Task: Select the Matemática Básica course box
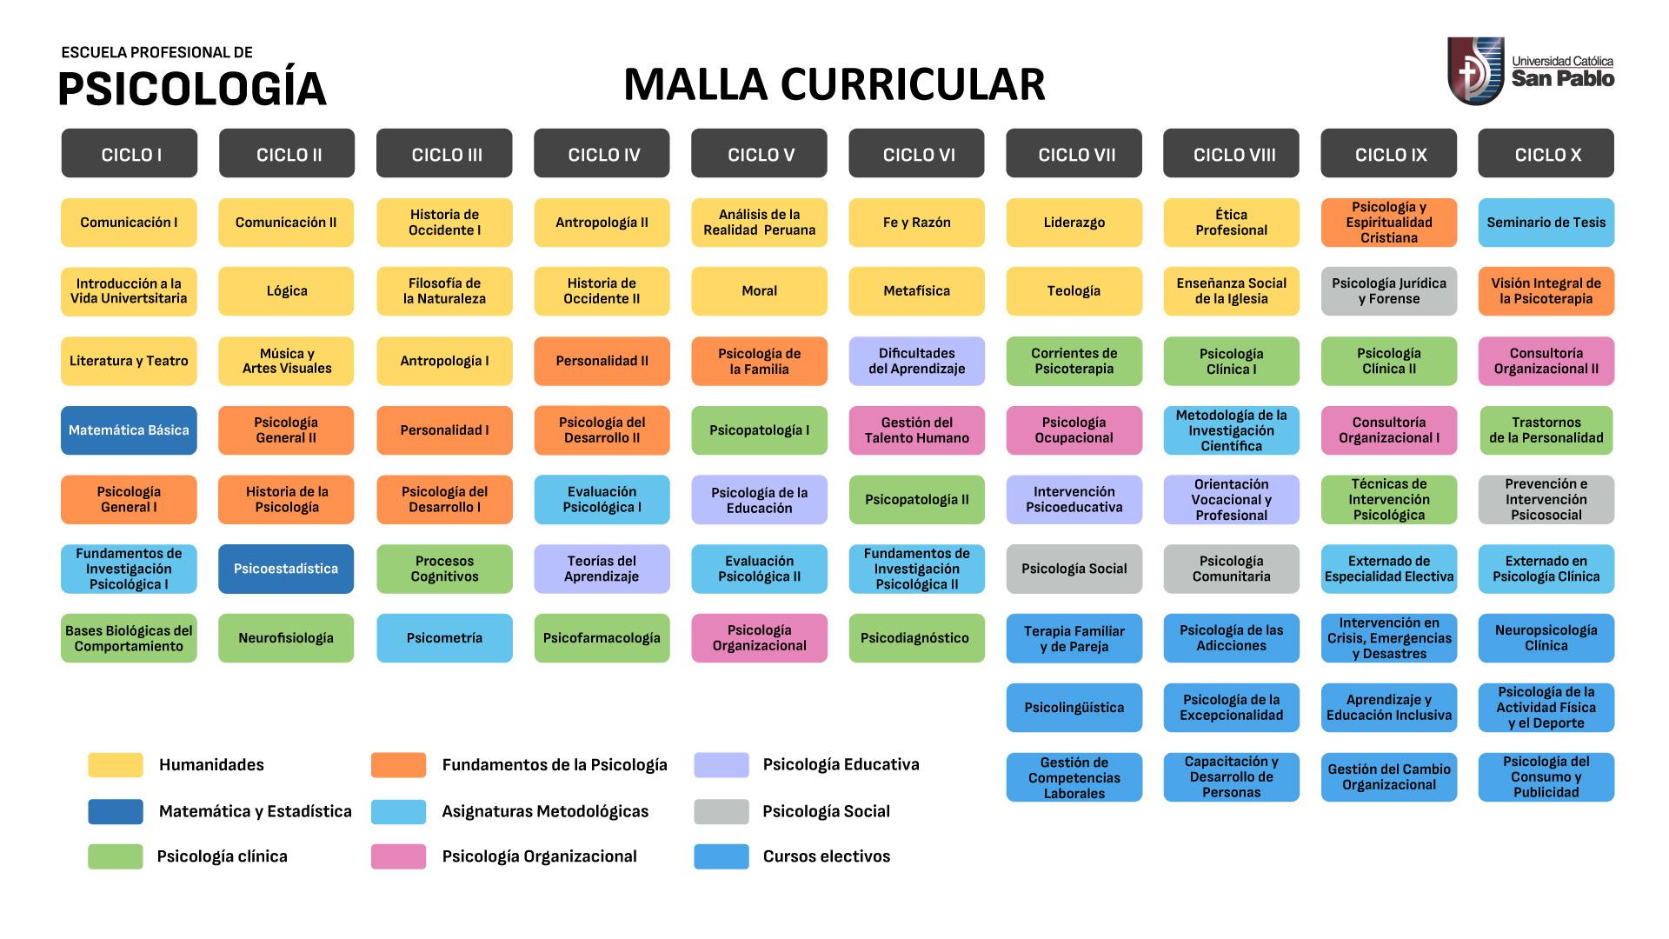[x=129, y=430]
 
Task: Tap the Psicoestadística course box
[x=286, y=569]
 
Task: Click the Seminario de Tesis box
[x=1546, y=223]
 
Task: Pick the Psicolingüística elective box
[x=1074, y=708]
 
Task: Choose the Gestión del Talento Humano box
[x=916, y=430]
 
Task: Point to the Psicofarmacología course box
[x=602, y=638]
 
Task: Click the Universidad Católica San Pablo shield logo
[x=1475, y=71]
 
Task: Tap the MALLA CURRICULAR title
[x=834, y=84]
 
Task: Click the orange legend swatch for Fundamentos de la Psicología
[x=398, y=765]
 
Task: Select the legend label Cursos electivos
[x=826, y=856]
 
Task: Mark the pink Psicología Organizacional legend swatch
[x=398, y=856]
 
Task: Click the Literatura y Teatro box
[x=129, y=361]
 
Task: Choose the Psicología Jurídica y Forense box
[x=1388, y=291]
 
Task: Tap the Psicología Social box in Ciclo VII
[x=1074, y=569]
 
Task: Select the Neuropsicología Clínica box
[x=1546, y=638]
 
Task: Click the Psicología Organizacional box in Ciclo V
[x=759, y=638]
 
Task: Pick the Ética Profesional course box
[x=1231, y=223]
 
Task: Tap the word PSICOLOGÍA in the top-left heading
[x=192, y=89]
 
